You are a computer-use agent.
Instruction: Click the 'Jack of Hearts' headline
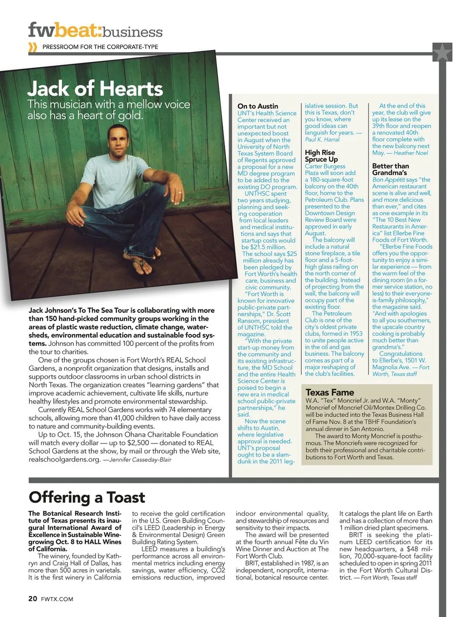click(95, 89)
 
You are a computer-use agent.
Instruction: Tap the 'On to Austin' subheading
click(257, 106)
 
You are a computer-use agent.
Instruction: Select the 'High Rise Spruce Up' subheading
click(321, 155)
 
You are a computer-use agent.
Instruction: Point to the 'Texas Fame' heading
click(330, 392)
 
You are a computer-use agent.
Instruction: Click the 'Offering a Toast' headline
click(87, 497)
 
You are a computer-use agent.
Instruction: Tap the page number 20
click(32, 598)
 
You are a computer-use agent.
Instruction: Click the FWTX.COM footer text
click(57, 599)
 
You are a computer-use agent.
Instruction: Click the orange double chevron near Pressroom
click(33, 47)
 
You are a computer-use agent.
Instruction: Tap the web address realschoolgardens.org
click(64, 459)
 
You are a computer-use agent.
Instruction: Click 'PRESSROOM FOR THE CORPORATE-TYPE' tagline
click(100, 47)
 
